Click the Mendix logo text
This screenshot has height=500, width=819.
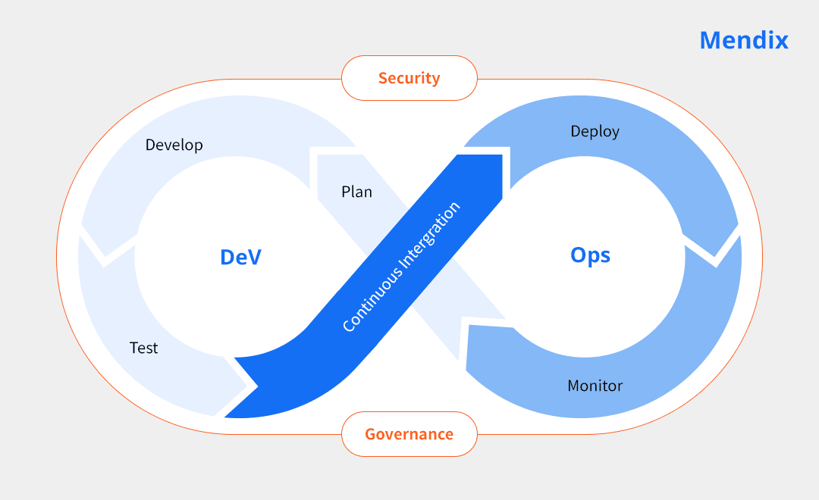(x=743, y=40)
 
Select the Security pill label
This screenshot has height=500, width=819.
(x=409, y=78)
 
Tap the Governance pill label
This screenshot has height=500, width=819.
(x=409, y=434)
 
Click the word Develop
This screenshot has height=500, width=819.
(x=174, y=145)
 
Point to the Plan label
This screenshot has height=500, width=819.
(x=356, y=192)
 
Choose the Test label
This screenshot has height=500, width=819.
(x=144, y=348)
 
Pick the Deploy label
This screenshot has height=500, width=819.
(x=595, y=132)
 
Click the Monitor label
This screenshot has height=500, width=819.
(x=595, y=386)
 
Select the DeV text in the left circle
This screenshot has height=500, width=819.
(x=240, y=258)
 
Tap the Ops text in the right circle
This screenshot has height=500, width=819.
(x=590, y=255)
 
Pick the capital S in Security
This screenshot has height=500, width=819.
(x=383, y=78)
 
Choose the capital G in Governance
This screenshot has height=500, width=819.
(x=371, y=434)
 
